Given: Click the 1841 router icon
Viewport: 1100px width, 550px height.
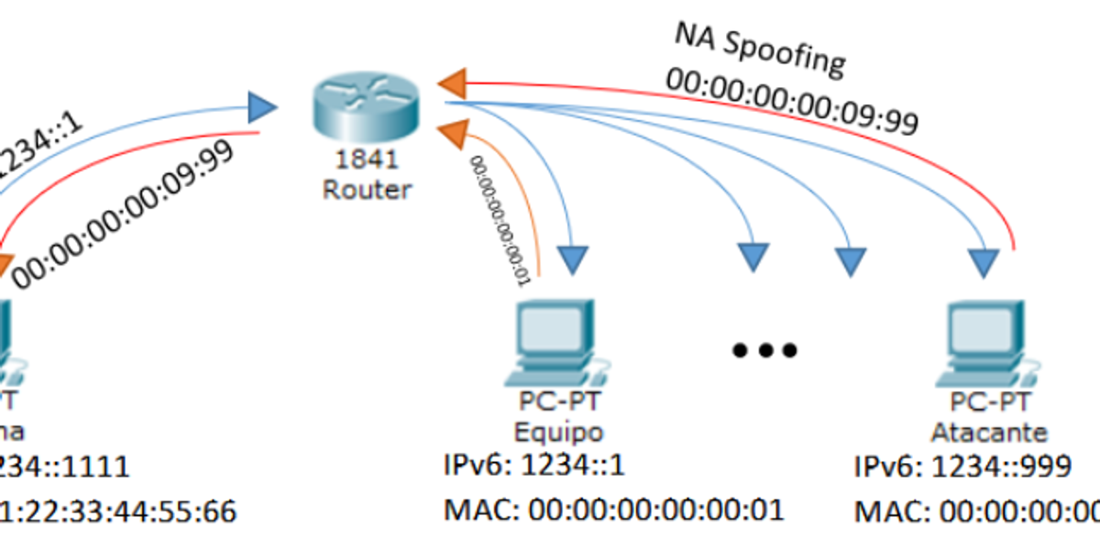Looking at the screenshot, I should coord(363,102).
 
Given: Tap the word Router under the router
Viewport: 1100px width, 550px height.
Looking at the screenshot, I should coord(367,190).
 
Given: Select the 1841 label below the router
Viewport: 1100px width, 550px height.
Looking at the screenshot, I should coord(367,160).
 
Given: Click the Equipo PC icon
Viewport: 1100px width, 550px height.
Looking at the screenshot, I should coord(554,343).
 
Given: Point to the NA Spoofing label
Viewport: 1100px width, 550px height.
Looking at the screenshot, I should coord(760,49).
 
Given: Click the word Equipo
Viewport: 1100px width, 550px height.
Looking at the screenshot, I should coord(558,431).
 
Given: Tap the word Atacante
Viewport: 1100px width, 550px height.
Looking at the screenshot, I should coord(989,431).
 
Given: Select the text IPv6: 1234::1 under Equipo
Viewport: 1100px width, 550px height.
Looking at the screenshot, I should coord(533,466).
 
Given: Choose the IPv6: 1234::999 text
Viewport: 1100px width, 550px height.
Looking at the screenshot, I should coord(962,466).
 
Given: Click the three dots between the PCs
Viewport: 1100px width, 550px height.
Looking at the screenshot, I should coord(764,349).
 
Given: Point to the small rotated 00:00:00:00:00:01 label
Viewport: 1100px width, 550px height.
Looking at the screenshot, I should coord(500,220).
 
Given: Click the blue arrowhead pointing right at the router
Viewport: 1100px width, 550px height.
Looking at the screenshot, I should coord(262,109).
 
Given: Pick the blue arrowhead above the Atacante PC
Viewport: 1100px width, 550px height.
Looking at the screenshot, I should coord(985,264).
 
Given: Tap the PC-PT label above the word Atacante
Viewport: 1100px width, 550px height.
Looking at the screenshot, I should coord(989,401).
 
